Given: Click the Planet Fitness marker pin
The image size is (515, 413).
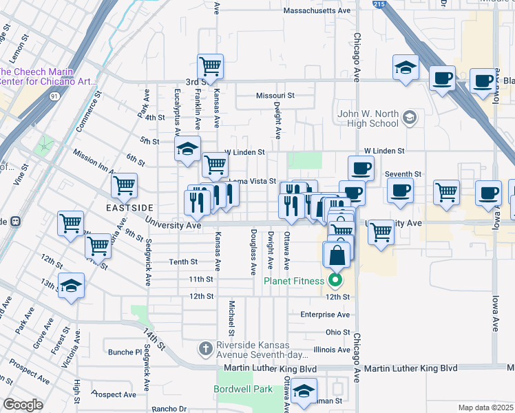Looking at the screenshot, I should [335, 280].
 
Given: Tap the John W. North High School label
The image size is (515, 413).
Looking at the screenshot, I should [368, 118].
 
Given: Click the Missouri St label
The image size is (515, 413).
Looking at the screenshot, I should [275, 96].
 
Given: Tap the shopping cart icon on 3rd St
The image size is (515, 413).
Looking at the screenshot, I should [211, 67].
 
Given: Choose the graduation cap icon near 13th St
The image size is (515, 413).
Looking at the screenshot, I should [71, 286].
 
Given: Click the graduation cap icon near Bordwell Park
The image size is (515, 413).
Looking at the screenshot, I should [302, 393].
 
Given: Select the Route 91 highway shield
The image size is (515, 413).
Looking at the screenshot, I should [54, 97].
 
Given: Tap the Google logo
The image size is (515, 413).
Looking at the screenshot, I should [23, 405].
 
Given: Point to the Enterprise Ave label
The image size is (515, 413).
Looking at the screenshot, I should [325, 315].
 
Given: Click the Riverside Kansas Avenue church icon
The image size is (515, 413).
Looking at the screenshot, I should [204, 349].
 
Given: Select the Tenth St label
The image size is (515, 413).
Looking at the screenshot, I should [184, 262].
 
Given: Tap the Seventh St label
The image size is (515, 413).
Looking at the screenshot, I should [403, 174].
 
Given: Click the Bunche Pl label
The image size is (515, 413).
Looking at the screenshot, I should [124, 352].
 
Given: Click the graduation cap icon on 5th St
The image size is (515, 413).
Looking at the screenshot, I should [186, 150].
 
